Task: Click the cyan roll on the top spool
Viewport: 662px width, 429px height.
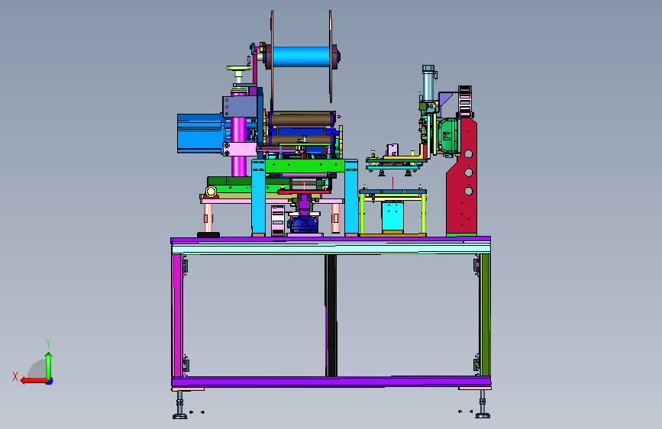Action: point(302,56)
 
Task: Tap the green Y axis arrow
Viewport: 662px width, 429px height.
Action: point(49,366)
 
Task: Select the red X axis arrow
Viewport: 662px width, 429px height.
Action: point(34,381)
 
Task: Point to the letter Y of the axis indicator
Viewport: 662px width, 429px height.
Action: point(48,344)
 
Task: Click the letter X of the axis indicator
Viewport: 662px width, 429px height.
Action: point(15,376)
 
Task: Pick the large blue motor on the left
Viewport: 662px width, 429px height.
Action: point(200,133)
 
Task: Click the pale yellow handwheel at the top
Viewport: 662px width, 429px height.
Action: point(238,68)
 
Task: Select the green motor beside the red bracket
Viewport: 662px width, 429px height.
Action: point(447,136)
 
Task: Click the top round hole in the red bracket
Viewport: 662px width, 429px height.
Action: point(468,153)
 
